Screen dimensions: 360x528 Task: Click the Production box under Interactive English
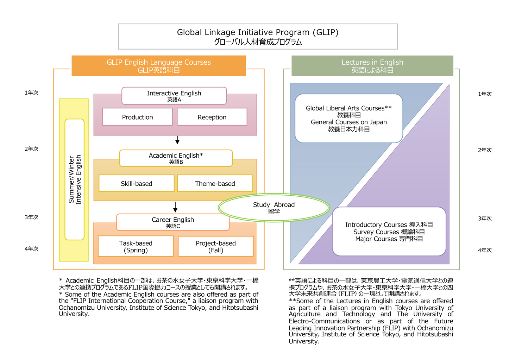click(137, 117)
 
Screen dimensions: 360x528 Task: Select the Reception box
click(212, 117)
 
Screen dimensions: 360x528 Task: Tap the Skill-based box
click(137, 183)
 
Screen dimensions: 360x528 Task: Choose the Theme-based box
click(215, 183)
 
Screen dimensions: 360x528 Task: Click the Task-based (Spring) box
click(136, 246)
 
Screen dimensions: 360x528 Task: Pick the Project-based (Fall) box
click(216, 246)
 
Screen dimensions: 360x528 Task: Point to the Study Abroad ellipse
click(274, 208)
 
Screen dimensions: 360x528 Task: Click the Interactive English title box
click(174, 96)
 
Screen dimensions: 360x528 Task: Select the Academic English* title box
click(176, 158)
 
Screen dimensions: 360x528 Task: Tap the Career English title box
click(173, 222)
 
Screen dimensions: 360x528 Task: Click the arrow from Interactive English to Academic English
click(177, 140)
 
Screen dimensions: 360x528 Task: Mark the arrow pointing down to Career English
click(175, 207)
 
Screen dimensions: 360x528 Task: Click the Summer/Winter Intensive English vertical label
click(75, 179)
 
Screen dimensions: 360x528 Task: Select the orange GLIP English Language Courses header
click(159, 66)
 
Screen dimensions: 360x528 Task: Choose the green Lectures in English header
click(372, 66)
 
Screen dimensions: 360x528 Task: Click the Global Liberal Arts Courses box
click(348, 118)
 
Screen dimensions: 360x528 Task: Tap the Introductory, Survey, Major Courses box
click(389, 231)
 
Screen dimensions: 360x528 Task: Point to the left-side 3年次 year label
click(31, 217)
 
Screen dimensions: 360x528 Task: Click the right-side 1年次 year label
click(485, 94)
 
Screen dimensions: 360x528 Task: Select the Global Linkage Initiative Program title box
click(258, 37)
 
